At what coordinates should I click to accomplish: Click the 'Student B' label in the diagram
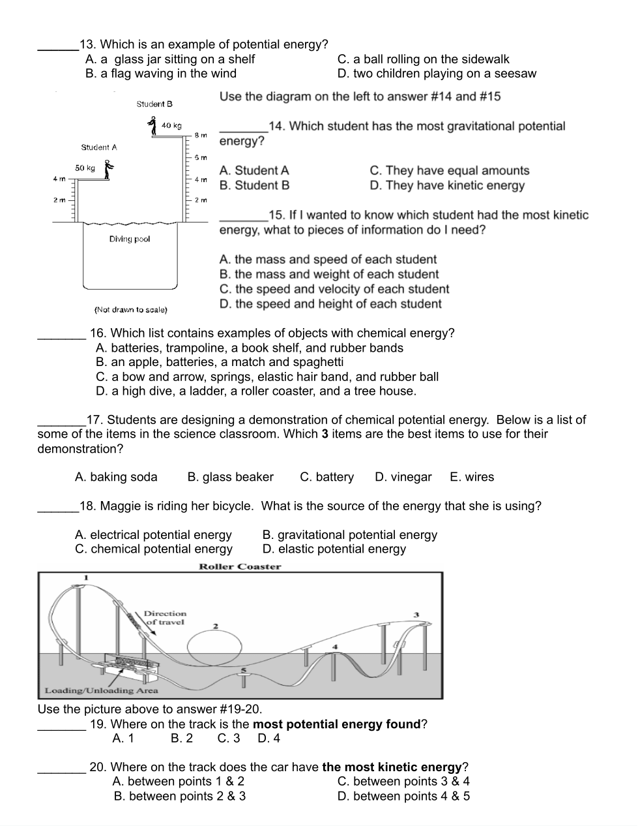pyautogui.click(x=154, y=104)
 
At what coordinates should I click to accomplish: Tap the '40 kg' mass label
pyautogui.click(x=171, y=125)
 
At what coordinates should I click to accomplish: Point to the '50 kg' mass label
pyautogui.click(x=85, y=168)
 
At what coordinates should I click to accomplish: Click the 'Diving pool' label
pyautogui.click(x=130, y=239)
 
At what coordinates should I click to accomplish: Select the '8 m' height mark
pyautogui.click(x=201, y=135)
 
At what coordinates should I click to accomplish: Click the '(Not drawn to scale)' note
pyautogui.click(x=131, y=309)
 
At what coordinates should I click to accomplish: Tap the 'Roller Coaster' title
pyautogui.click(x=240, y=566)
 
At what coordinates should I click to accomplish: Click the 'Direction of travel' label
pyautogui.click(x=165, y=618)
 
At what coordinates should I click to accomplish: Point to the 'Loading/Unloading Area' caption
pyautogui.click(x=101, y=690)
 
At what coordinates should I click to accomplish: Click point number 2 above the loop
pyautogui.click(x=216, y=626)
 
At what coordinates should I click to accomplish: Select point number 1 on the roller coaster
pyautogui.click(x=85, y=577)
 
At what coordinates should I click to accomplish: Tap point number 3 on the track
pyautogui.click(x=416, y=614)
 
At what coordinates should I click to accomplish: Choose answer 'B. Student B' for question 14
pyautogui.click(x=254, y=185)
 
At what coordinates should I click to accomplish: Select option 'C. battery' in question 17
pyautogui.click(x=326, y=477)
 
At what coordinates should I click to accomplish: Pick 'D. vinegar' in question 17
pyautogui.click(x=403, y=477)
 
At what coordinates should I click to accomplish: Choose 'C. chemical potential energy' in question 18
pyautogui.click(x=153, y=549)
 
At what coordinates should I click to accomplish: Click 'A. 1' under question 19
pyautogui.click(x=123, y=738)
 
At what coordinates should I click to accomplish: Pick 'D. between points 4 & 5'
pyautogui.click(x=403, y=796)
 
